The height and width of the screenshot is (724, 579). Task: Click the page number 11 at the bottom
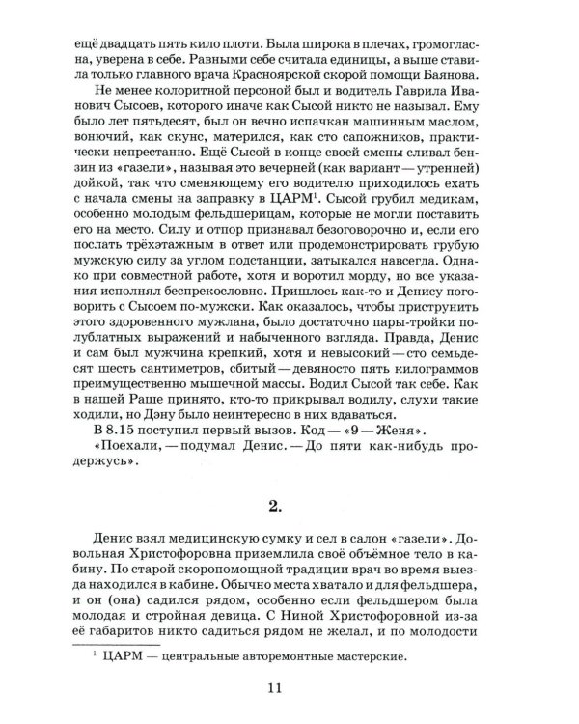(289, 686)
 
